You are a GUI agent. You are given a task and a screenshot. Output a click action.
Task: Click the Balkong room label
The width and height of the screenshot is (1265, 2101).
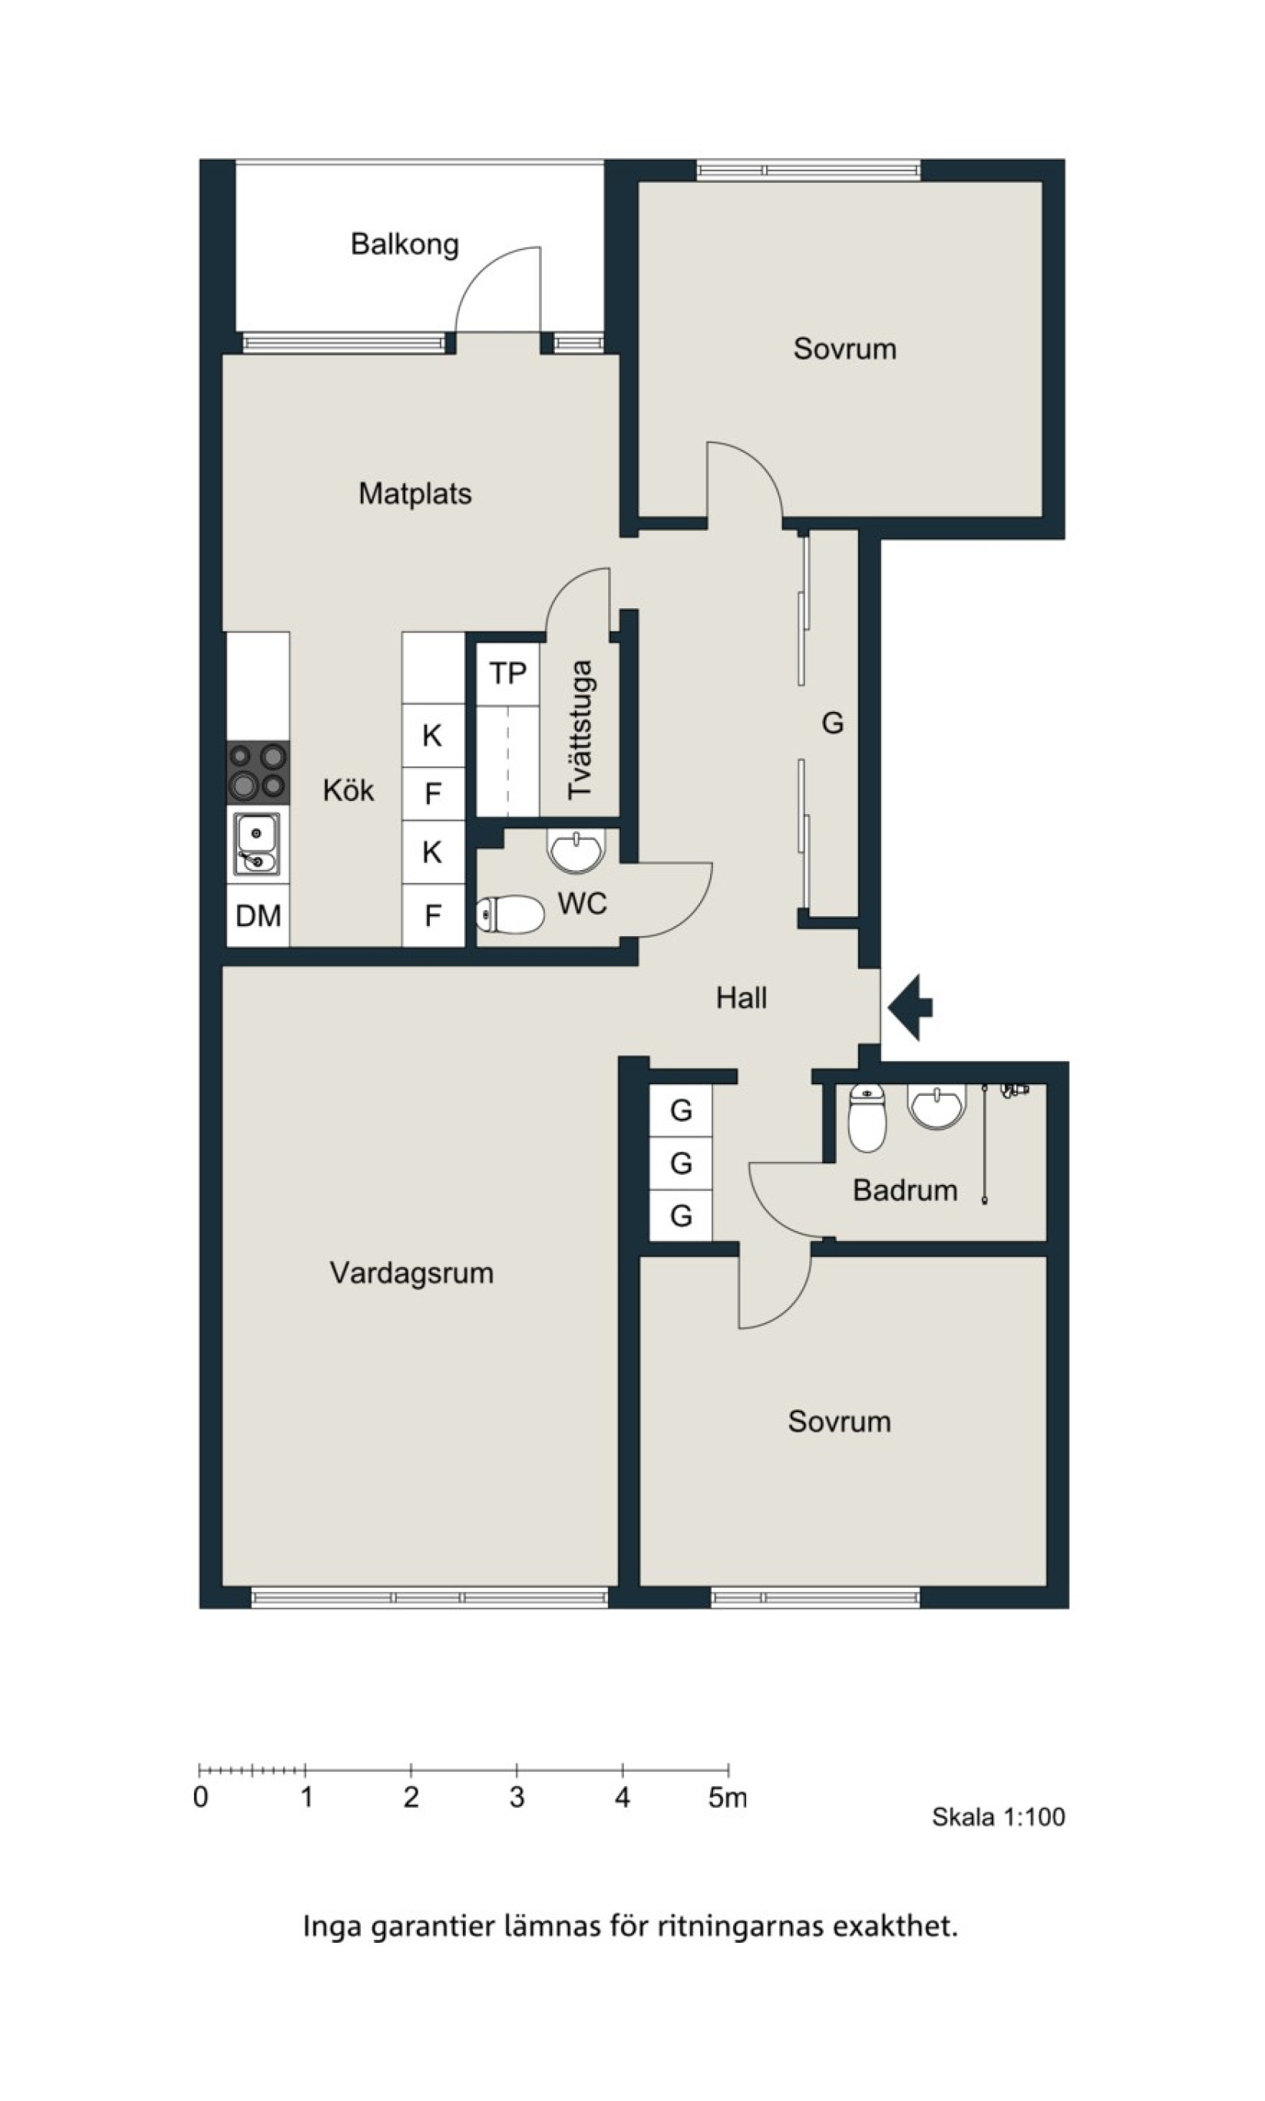[x=405, y=245]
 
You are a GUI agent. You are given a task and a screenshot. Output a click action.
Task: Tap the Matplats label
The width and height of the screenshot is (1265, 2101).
[x=415, y=494]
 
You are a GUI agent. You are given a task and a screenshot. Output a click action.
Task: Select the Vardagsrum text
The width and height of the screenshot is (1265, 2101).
[x=411, y=1273]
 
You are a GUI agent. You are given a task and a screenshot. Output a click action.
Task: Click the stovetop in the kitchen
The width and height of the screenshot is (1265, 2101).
[x=257, y=772]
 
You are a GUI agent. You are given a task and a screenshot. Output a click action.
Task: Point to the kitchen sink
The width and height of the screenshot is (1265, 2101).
[x=257, y=844]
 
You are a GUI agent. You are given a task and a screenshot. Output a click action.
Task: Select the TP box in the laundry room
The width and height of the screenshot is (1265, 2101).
[x=508, y=673]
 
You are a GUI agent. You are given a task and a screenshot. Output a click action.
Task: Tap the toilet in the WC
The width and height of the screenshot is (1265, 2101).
[x=510, y=915]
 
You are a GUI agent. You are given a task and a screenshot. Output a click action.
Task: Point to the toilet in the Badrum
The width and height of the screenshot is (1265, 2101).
[x=867, y=1118]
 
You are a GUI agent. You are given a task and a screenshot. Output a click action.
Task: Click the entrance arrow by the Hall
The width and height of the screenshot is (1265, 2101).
[x=910, y=1007]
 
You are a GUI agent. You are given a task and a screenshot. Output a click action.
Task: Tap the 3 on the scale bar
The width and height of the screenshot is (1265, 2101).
[x=517, y=1798]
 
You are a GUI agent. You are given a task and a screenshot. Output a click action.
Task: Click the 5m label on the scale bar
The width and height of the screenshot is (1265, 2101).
[x=728, y=1798]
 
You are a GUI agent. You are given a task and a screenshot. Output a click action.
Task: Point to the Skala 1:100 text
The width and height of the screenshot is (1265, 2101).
[x=998, y=1817]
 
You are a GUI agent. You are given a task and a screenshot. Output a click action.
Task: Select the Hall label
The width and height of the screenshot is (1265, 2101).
[x=741, y=998]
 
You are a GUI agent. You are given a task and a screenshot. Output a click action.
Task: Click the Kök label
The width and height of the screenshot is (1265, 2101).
[x=348, y=789]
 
